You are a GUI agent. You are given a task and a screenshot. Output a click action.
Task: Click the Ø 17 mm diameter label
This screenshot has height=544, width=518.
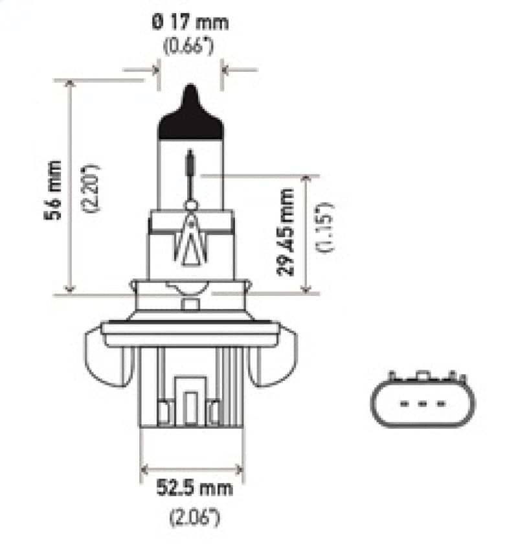[x=190, y=23]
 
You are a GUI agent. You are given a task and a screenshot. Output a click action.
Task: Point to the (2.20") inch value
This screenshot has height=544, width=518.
[x=91, y=188]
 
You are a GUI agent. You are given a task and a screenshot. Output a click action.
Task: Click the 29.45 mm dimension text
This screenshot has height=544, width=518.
[x=285, y=231]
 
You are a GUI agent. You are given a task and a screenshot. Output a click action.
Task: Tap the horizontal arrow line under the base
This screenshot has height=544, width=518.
[x=192, y=468]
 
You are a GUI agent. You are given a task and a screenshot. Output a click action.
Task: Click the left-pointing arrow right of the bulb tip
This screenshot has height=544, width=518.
[x=237, y=68]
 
